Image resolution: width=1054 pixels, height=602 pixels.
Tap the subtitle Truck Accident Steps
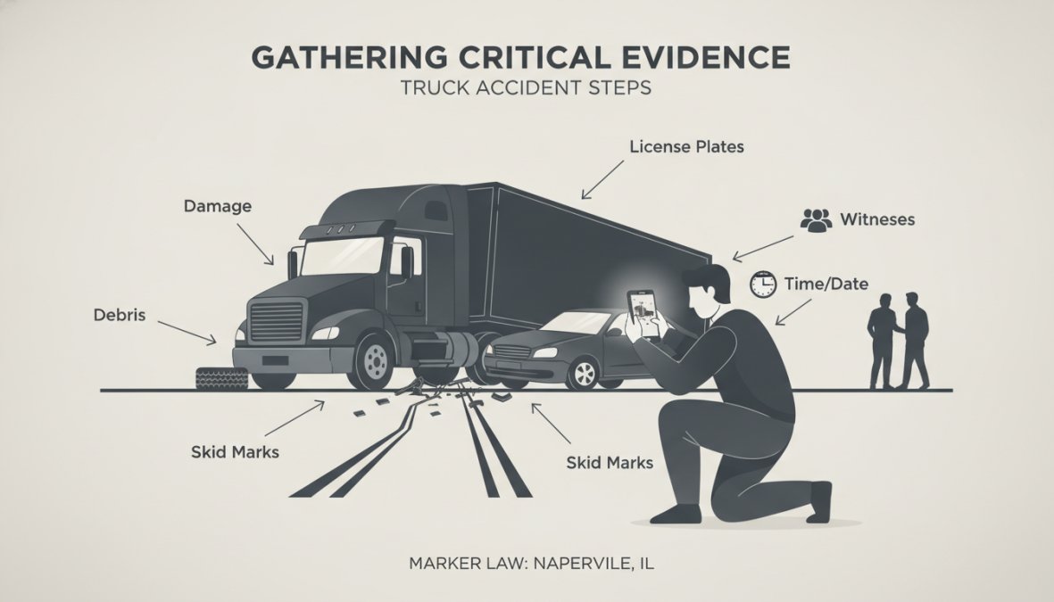pos(526,88)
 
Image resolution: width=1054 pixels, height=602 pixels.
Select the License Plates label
pos(686,146)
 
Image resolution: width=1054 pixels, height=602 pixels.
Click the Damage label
pos(218,206)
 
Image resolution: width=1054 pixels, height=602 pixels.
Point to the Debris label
pos(120,315)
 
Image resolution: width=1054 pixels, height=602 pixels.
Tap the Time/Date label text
pos(826,285)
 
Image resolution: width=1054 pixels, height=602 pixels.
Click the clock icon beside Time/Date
pos(763,285)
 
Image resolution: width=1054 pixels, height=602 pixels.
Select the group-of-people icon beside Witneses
pos(816,219)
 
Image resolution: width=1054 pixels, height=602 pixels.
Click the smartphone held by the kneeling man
pos(642,315)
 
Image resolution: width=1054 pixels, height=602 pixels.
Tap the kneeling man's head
pos(707,289)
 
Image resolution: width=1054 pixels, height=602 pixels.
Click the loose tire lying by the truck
pos(222,378)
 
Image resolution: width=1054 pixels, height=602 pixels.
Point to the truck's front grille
pos(277,322)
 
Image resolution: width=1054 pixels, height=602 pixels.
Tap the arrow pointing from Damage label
pos(255,243)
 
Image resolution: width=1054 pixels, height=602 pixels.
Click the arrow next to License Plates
pos(603,179)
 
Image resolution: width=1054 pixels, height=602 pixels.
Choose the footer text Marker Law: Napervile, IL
pos(531,563)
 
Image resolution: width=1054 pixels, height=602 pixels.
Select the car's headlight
pos(545,353)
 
